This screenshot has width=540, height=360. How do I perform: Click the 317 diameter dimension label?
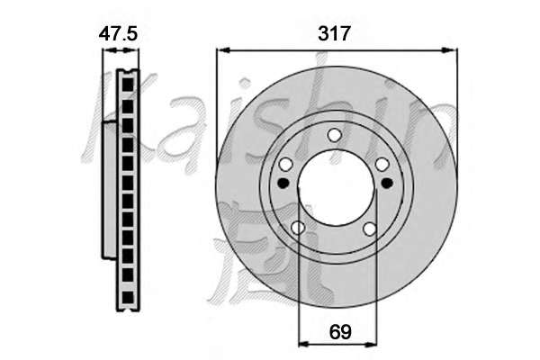point(334,34)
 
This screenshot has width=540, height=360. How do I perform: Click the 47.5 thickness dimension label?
point(118,34)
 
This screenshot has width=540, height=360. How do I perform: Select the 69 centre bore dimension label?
point(340,332)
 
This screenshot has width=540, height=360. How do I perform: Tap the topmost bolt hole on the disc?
point(334,135)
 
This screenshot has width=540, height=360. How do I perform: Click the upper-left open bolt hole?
point(285,165)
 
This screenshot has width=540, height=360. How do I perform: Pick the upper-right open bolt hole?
point(382,165)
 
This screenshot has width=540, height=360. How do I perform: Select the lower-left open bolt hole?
point(298,228)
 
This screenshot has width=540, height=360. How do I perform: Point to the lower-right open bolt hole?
point(370,229)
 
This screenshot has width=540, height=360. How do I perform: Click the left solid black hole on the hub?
point(283,183)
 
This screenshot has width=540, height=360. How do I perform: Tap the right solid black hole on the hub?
point(387,183)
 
